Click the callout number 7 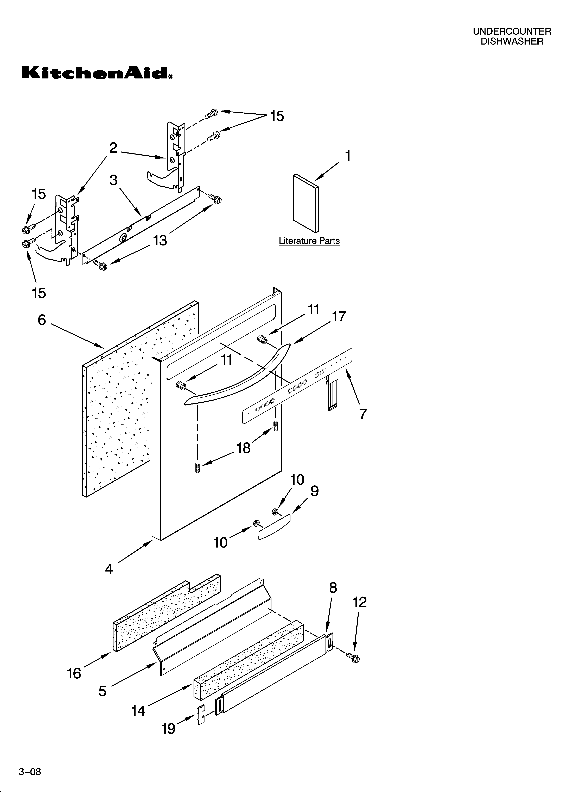[363, 414]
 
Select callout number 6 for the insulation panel [42, 320]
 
